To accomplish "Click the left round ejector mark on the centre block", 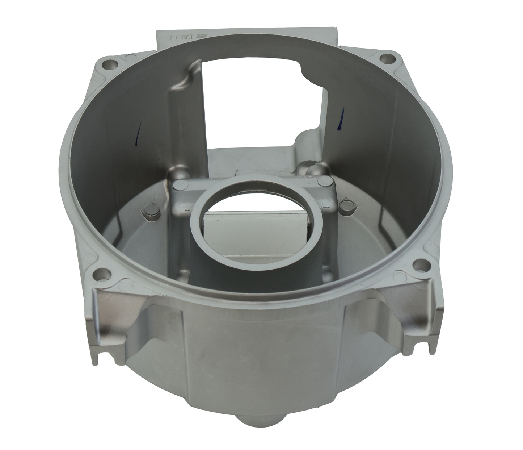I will tap(179, 186).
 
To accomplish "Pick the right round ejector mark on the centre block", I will tap(322, 181).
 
